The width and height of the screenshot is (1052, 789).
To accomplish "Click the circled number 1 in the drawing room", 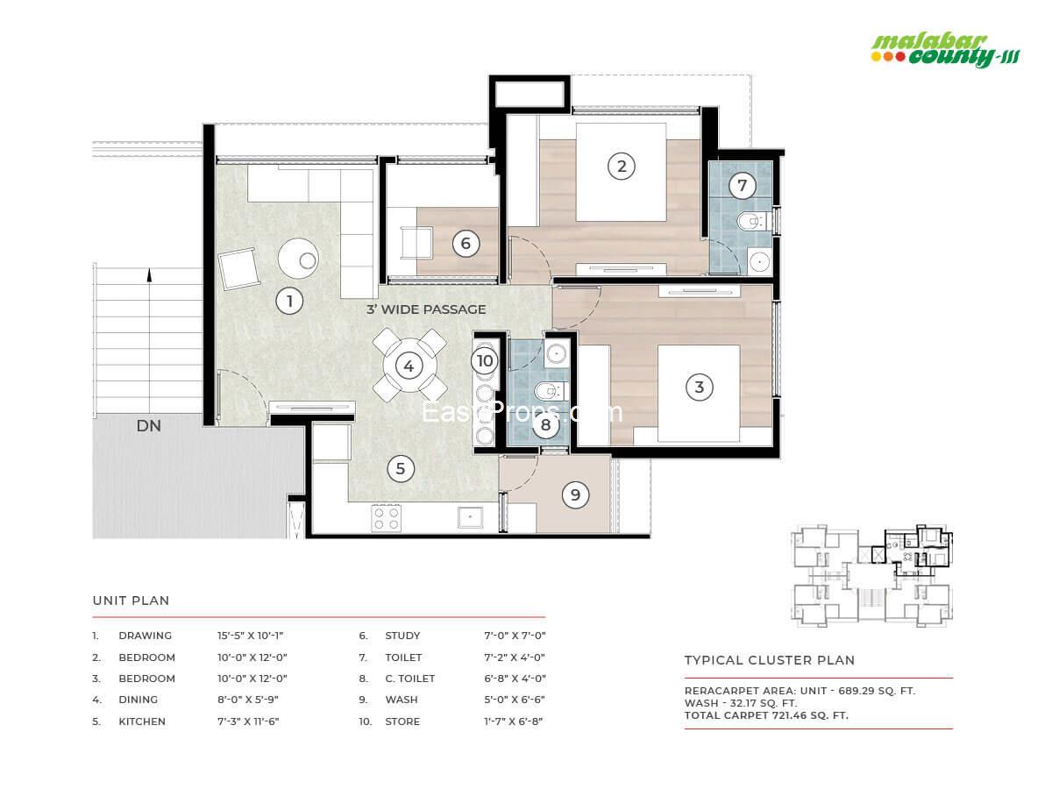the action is coord(289,301).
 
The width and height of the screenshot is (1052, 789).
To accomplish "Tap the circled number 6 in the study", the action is coord(466,244).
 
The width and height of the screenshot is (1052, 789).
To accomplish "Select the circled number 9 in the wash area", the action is coord(575,494).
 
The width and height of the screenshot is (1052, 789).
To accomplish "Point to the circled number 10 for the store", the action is coord(485,360).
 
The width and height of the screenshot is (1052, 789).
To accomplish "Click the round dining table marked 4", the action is coord(409,366).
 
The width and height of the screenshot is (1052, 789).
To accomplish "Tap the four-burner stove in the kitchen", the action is coord(387,518).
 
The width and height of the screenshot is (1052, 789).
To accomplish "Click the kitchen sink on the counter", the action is coord(470,517).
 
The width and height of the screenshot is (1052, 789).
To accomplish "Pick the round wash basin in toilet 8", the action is coord(557,354).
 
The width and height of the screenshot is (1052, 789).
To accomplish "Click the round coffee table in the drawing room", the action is coord(298,259).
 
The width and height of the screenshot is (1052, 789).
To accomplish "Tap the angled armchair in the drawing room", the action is coord(238,268).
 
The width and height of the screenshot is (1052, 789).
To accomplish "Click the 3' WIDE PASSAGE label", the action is coord(426,309).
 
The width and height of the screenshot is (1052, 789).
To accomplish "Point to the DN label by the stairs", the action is coord(148,426).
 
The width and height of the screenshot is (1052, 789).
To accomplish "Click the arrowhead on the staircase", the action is coord(150,274).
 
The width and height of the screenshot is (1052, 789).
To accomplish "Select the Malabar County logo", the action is coord(945,51).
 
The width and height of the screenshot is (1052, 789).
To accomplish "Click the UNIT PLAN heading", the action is coord(131,601).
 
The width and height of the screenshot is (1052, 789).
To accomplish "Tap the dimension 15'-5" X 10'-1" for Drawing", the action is coord(250,636).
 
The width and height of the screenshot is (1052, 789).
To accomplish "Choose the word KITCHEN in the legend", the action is coord(142,721).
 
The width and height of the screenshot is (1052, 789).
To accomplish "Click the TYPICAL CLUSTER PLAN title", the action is coord(770,660).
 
